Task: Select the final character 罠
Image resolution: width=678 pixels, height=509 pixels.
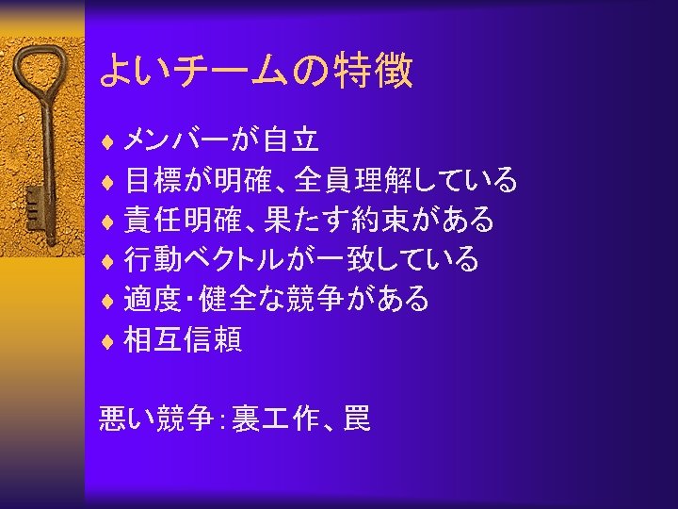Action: (x=357, y=417)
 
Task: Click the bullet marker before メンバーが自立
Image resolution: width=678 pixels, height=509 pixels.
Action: (x=108, y=141)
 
